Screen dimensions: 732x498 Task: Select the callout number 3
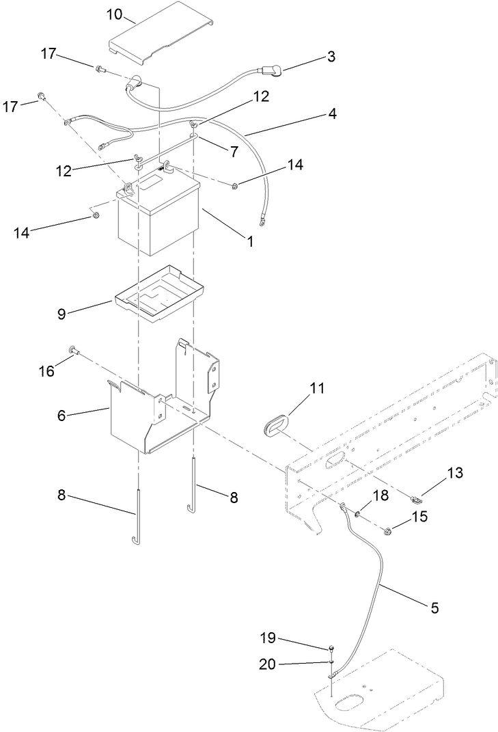331,57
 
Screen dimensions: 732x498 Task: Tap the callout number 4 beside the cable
332,114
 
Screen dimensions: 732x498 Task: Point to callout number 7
234,152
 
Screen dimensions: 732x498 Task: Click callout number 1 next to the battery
250,241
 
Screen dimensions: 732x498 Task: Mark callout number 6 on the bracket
61,416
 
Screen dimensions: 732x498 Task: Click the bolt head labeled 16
72,351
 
